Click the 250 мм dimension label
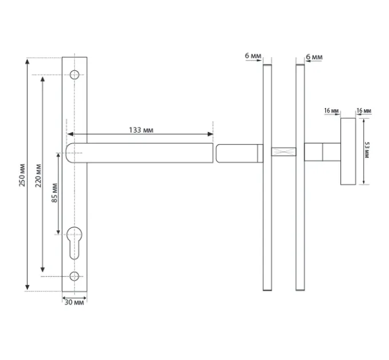tap(22, 175)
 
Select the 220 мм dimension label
tap(38, 175)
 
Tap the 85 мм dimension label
tap(54, 193)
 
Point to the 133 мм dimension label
tap(141, 130)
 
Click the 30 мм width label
tap(74, 302)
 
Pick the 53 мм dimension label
tap(367, 150)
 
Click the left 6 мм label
tap(253, 56)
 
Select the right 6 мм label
tap(314, 57)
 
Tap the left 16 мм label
tap(331, 110)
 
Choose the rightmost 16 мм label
tap(364, 110)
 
